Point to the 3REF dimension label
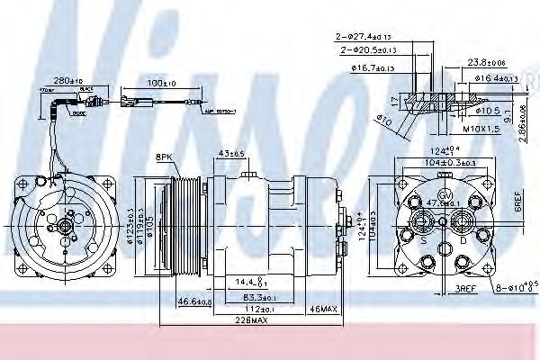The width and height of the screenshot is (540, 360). (467, 289)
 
